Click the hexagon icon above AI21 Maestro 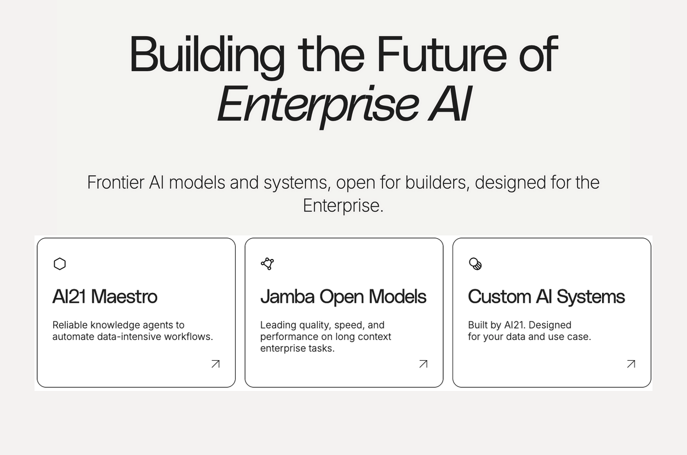click(60, 264)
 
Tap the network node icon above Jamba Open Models click(267, 264)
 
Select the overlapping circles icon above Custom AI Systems click(476, 264)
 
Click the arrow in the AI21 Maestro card click(215, 364)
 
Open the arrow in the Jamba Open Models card click(423, 364)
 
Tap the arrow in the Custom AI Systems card click(631, 364)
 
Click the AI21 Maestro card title click(105, 297)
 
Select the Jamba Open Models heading click(343, 297)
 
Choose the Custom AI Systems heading click(546, 297)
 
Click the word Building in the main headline click(207, 55)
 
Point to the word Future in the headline click(442, 55)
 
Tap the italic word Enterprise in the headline click(318, 104)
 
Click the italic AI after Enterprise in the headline click(450, 104)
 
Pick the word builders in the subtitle click(437, 182)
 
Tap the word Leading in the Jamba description click(278, 325)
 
